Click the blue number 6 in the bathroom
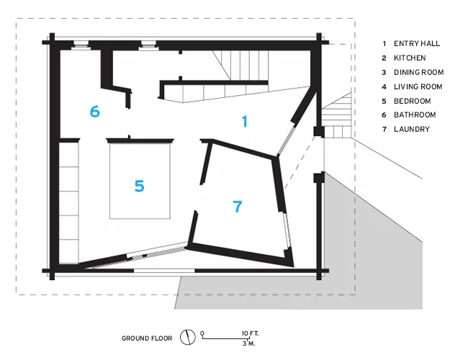(x=94, y=112)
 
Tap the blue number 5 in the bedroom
(x=140, y=186)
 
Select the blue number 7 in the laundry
(x=238, y=206)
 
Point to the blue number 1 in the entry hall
(x=245, y=122)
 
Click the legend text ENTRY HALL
(x=417, y=44)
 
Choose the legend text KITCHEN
(x=410, y=58)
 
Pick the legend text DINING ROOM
(x=418, y=72)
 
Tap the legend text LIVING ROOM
(x=418, y=86)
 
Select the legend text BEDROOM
(x=412, y=101)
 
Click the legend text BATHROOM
(x=415, y=115)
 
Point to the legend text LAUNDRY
(x=412, y=130)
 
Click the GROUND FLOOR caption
(x=147, y=338)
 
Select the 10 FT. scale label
(x=250, y=333)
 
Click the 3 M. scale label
(x=248, y=343)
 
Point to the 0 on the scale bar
(x=202, y=333)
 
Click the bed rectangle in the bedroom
(x=140, y=181)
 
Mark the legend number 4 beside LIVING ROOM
(x=384, y=87)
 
